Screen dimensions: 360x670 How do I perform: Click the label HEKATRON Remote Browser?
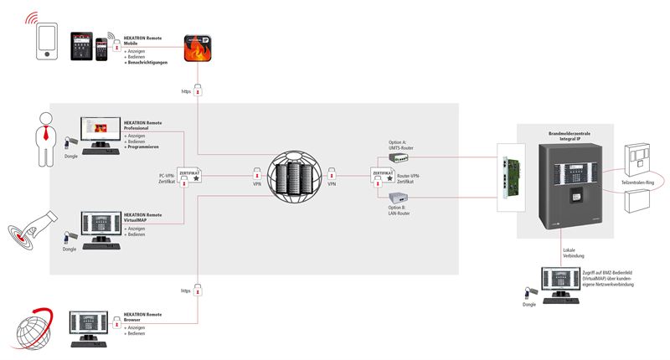(x=142, y=316)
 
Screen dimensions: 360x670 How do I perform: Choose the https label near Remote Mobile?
(x=186, y=90)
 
